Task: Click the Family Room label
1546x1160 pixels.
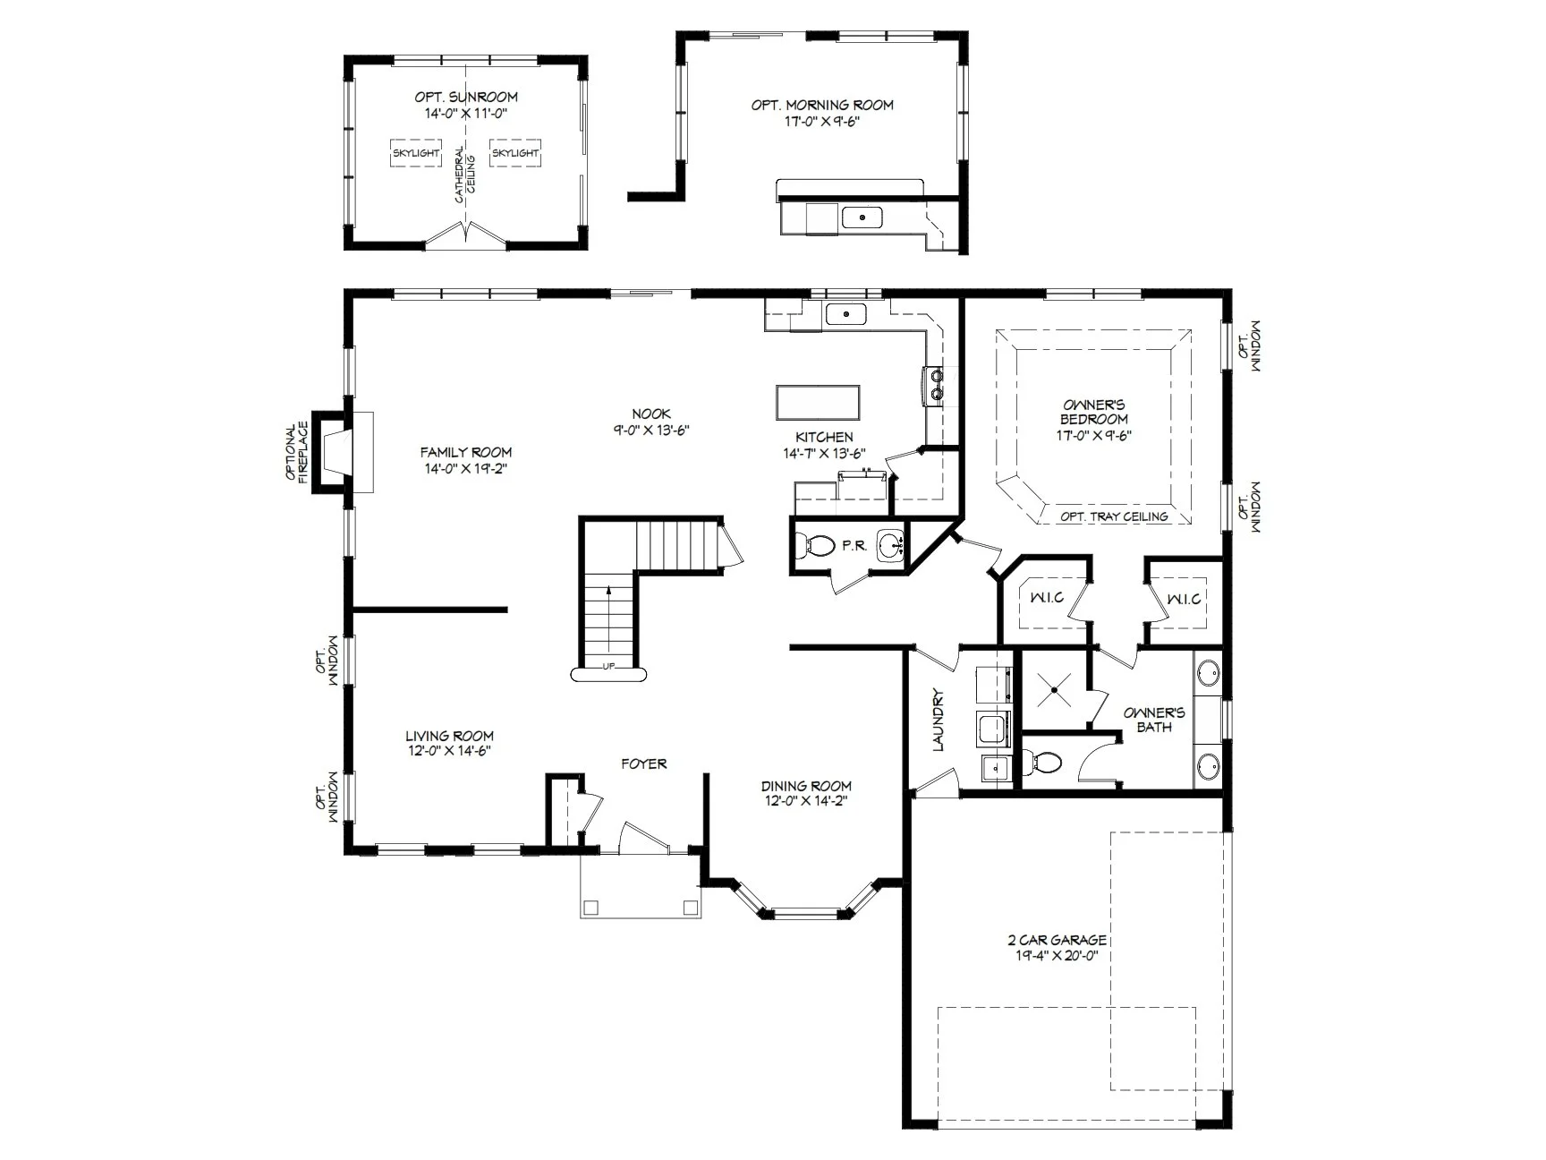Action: click(466, 452)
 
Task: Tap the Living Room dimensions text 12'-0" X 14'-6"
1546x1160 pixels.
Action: click(450, 751)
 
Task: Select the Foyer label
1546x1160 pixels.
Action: click(644, 763)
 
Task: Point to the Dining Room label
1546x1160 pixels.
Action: click(806, 786)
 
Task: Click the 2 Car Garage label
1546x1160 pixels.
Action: click(1058, 941)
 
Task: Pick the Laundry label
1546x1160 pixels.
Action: click(939, 720)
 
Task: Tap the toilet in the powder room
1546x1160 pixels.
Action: click(814, 544)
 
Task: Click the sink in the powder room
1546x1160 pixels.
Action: click(890, 544)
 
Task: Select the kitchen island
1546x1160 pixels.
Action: click(818, 403)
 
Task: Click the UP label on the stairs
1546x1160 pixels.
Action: click(608, 666)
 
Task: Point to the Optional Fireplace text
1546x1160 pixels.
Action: click(297, 452)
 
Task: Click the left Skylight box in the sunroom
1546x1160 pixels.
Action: click(416, 153)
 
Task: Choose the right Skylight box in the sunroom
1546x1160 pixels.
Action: click(515, 153)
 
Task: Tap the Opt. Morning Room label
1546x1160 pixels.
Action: click(822, 105)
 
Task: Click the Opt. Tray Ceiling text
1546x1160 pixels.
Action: click(1114, 516)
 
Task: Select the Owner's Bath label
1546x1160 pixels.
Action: click(1154, 720)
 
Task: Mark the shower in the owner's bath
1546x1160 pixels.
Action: click(1055, 690)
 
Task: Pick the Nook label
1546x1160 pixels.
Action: click(651, 414)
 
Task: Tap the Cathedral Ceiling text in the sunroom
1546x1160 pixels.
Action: click(465, 175)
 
